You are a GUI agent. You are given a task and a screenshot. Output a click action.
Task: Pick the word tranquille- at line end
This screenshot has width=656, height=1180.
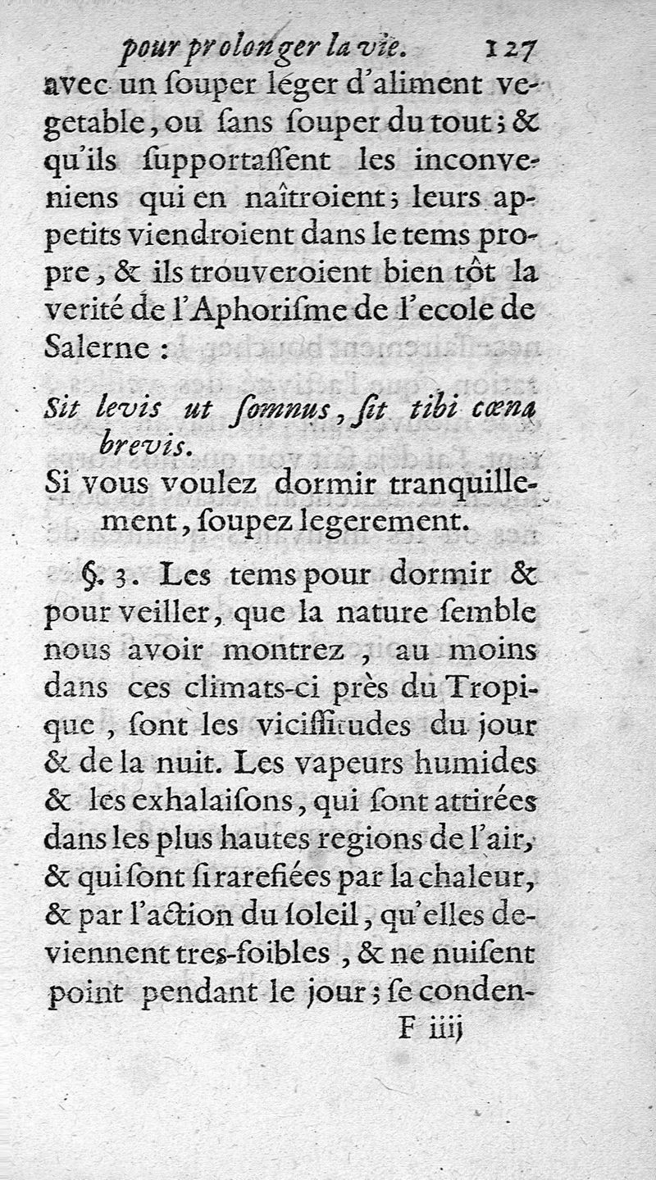tap(462, 484)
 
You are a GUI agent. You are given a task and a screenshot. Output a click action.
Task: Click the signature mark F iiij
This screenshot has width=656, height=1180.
tap(431, 1029)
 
